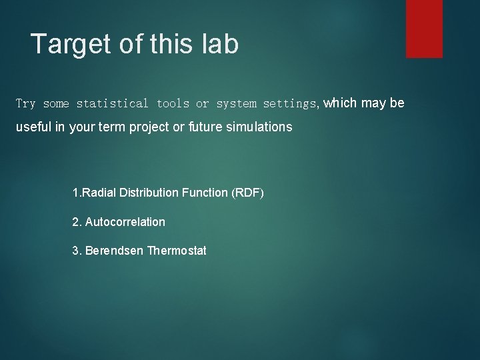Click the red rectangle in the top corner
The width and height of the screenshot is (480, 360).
tap(424, 28)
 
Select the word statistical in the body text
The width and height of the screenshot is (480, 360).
tap(113, 104)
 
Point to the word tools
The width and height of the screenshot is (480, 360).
tap(173, 104)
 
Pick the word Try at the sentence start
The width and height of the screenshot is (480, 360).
tap(25, 104)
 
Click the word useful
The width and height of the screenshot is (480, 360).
tap(34, 127)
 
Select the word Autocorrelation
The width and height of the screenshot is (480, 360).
tap(125, 222)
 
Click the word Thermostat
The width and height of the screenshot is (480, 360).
tap(177, 251)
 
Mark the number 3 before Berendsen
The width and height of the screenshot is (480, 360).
tap(75, 251)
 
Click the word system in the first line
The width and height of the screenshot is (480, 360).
tap(236, 104)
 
